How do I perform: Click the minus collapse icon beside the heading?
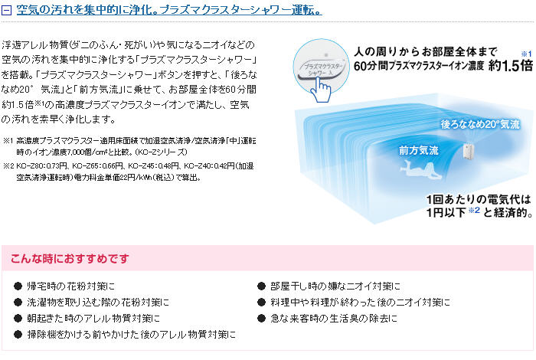tap(6, 10)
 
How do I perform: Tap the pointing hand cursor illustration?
tap(321, 89)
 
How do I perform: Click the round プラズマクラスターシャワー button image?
tap(321, 67)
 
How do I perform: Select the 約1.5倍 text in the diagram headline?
tap(511, 65)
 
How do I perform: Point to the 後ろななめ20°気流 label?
tap(480, 124)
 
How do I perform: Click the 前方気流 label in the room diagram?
tap(418, 150)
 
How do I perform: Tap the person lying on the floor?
tap(422, 171)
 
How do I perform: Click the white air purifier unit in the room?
tap(468, 150)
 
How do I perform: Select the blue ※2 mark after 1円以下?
tap(474, 210)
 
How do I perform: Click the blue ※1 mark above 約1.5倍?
tap(527, 54)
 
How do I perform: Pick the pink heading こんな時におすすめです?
tap(70, 258)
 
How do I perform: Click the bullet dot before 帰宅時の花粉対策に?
tap(18, 286)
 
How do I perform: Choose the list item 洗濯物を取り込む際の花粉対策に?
tap(98, 303)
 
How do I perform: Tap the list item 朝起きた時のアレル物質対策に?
tap(93, 319)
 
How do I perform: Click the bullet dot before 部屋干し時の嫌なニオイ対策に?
tap(261, 286)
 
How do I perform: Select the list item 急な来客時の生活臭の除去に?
tap(334, 319)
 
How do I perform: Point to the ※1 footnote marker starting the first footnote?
tap(8, 140)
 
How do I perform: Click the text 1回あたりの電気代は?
tap(479, 199)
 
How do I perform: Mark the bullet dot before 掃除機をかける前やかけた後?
tap(18, 335)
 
